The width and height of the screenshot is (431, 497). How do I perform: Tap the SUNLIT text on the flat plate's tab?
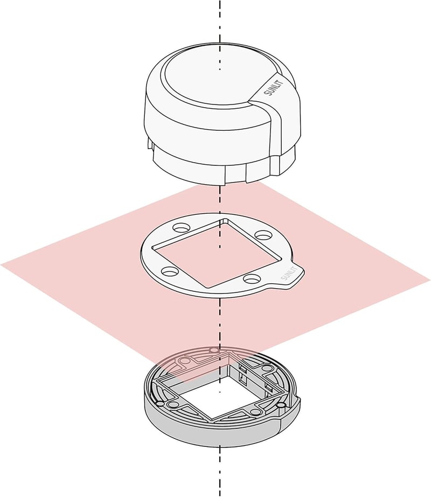(289, 274)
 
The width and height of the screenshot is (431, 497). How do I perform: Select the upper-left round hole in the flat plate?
(182, 228)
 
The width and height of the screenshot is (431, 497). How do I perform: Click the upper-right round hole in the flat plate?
(263, 235)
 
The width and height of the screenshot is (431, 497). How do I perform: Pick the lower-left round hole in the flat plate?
(170, 271)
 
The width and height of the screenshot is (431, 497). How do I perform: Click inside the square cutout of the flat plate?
(217, 253)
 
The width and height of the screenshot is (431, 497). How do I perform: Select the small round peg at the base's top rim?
(214, 351)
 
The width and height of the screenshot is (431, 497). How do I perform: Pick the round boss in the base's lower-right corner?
(255, 412)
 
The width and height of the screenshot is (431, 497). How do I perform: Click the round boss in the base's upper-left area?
(184, 361)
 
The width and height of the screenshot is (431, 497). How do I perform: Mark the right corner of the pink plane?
(429, 279)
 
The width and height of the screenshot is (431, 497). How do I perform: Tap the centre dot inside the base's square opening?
(220, 392)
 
